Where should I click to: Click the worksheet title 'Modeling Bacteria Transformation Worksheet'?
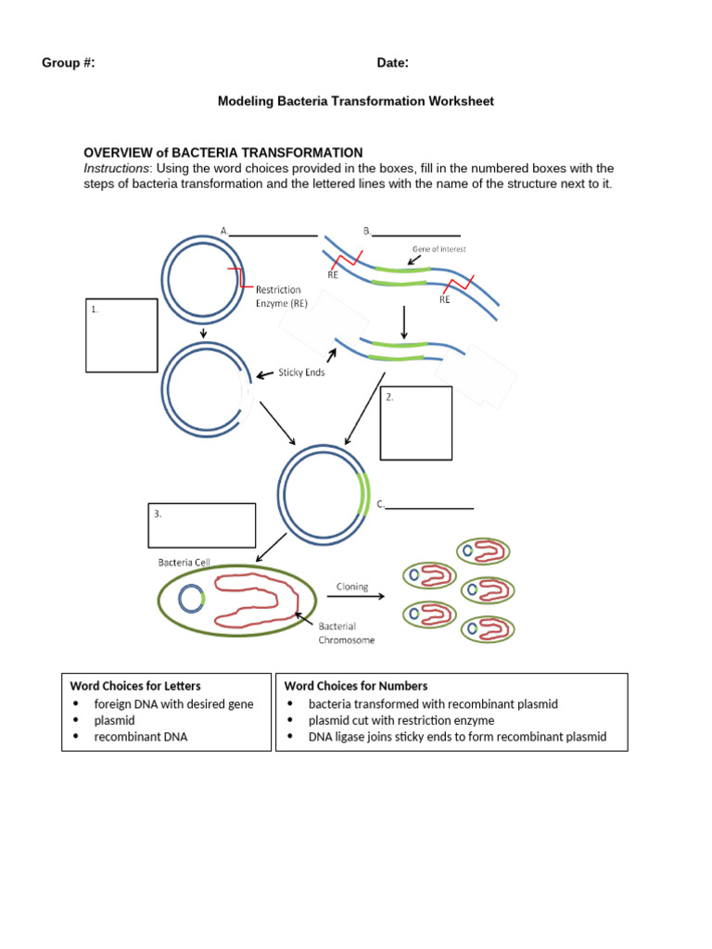click(x=355, y=101)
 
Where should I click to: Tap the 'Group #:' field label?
click(x=68, y=63)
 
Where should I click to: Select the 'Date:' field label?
click(x=392, y=63)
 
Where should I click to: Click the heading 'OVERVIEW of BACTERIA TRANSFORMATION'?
click(x=222, y=152)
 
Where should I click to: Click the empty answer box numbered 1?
click(x=121, y=335)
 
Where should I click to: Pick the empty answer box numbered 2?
click(x=416, y=424)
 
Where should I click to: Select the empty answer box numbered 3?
click(x=201, y=525)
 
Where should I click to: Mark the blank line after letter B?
click(x=415, y=234)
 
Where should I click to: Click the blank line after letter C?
click(x=429, y=507)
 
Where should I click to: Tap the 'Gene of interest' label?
click(x=439, y=249)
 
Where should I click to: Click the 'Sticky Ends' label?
click(x=301, y=373)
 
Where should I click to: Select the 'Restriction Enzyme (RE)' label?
click(x=278, y=297)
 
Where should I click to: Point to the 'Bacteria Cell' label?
click(x=187, y=562)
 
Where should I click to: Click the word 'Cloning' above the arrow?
click(x=352, y=587)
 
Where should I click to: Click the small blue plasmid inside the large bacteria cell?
click(x=192, y=600)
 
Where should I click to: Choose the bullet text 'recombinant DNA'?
click(x=140, y=737)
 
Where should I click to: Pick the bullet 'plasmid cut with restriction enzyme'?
click(x=400, y=720)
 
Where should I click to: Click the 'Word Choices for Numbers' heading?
click(x=356, y=686)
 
